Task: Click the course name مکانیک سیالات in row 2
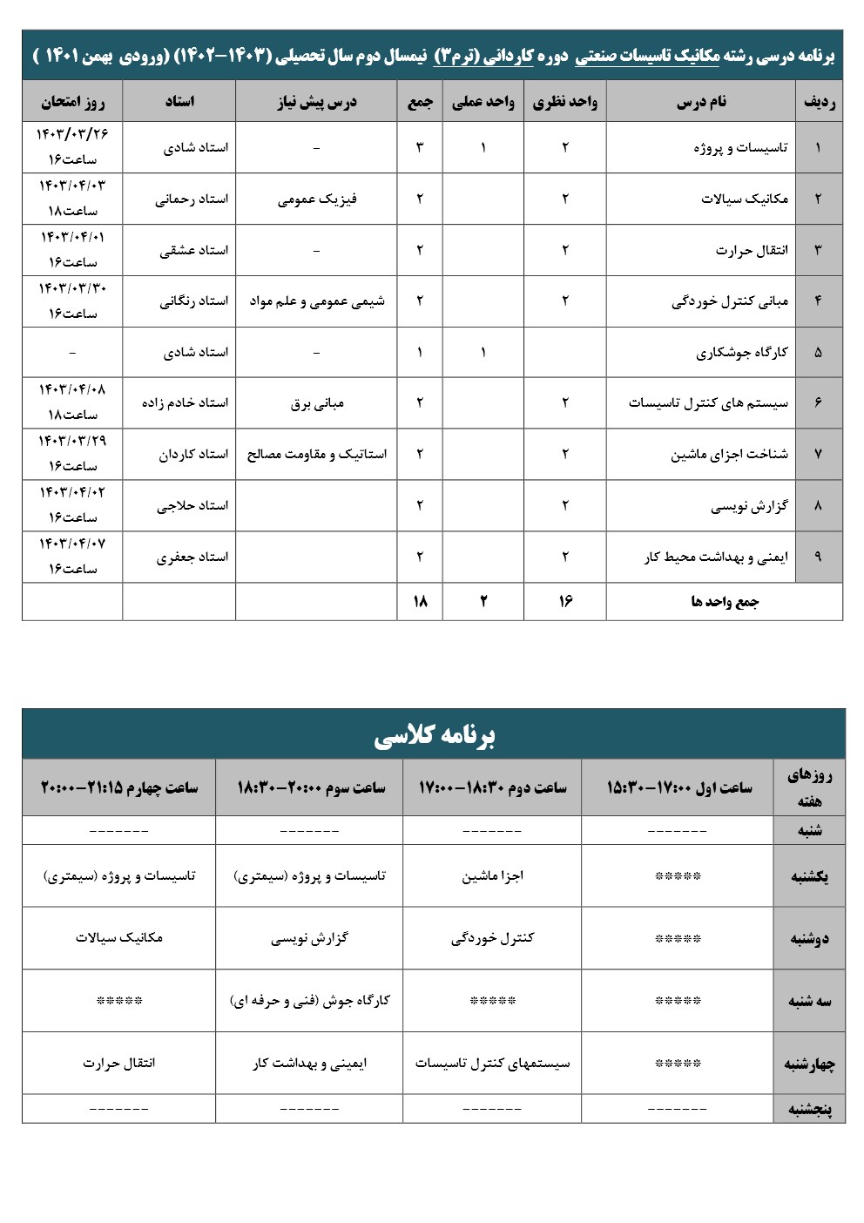pos(744,199)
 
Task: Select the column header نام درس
pos(701,102)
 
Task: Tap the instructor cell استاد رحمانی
pos(192,199)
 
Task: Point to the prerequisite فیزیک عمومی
pos(317,199)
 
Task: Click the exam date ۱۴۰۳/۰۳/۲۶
pos(72,134)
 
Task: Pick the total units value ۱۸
pos(420,601)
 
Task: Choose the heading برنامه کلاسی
pos(434,736)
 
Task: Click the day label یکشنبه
pos(809,876)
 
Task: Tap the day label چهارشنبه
pos(809,1064)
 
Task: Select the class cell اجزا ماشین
pos(492,876)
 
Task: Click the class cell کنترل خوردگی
pos(492,938)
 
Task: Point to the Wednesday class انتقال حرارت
pos(119,1064)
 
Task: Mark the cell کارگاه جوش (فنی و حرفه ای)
pos(309,1001)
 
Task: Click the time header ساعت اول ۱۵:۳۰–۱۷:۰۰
pos(678,787)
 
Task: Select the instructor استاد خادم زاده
pos(185,402)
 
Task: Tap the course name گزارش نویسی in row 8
pos(749,505)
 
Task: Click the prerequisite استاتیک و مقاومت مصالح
pos(317,454)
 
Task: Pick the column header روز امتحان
pos(72,102)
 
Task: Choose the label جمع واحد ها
pos(725,602)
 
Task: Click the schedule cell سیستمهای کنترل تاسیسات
pos(492,1064)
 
